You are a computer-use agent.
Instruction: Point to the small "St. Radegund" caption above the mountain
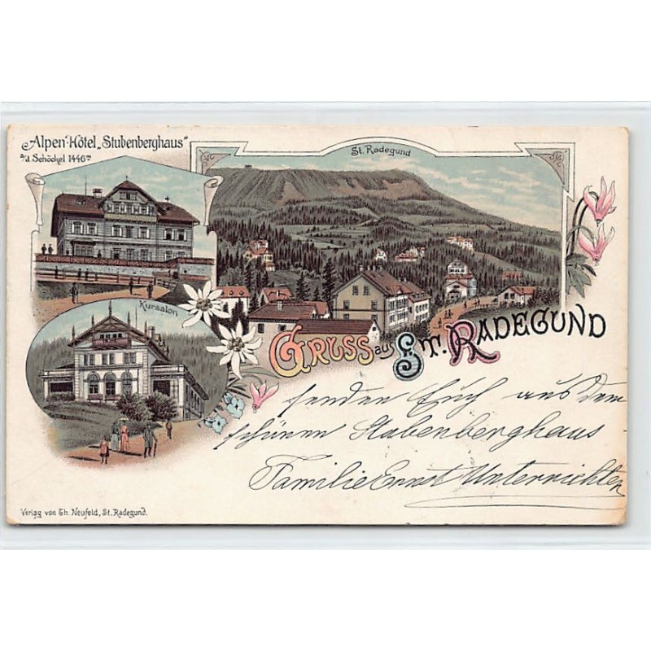[380, 151]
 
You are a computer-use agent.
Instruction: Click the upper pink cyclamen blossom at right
[600, 201]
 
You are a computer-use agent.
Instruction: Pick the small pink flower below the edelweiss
[262, 394]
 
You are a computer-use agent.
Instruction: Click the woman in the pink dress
[125, 438]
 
